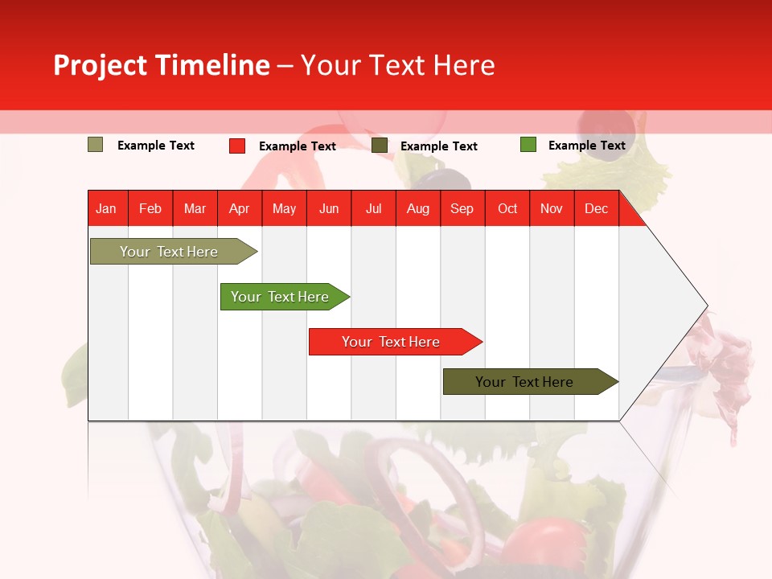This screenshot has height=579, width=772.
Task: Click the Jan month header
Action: click(106, 208)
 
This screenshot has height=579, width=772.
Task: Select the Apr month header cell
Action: click(240, 208)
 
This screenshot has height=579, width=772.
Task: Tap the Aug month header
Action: click(417, 208)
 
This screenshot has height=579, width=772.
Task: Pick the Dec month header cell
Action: click(596, 208)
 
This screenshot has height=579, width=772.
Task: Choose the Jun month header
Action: click(329, 208)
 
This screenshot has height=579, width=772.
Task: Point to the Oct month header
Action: click(507, 208)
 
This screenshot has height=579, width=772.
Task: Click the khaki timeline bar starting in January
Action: click(169, 252)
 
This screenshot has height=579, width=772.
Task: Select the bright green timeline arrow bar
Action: click(280, 297)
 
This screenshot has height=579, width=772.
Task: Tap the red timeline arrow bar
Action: click(391, 342)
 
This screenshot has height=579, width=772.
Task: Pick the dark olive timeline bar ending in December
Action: click(524, 382)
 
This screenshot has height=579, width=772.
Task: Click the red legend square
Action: click(236, 146)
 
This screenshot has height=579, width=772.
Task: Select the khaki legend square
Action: click(95, 145)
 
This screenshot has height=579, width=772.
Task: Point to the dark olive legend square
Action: click(380, 146)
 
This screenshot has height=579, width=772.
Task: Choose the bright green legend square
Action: click(528, 145)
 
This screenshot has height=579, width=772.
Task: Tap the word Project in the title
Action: click(101, 65)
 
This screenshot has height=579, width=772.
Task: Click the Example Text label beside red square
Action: click(298, 146)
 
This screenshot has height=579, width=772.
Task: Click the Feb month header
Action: click(150, 208)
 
